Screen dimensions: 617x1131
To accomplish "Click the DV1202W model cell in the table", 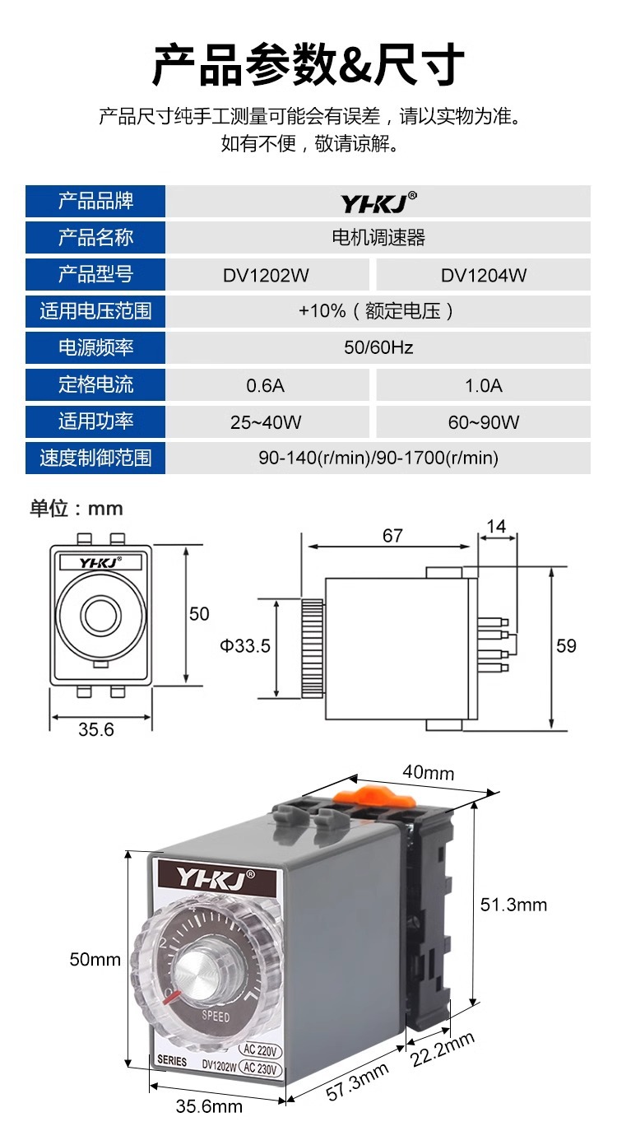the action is [266, 275].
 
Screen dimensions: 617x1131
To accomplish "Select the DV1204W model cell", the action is [483, 275].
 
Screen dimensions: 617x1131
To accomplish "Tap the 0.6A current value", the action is [266, 386].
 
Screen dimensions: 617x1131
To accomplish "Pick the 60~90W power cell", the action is [483, 422].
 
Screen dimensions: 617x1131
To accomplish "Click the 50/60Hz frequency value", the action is [378, 347].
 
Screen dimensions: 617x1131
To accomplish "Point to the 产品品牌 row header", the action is [95, 201].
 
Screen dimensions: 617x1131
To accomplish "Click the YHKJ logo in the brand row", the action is [378, 202].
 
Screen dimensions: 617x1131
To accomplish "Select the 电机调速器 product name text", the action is [378, 237].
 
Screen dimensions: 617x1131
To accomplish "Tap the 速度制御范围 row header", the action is [95, 458].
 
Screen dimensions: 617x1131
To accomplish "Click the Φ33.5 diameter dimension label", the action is [245, 646].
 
